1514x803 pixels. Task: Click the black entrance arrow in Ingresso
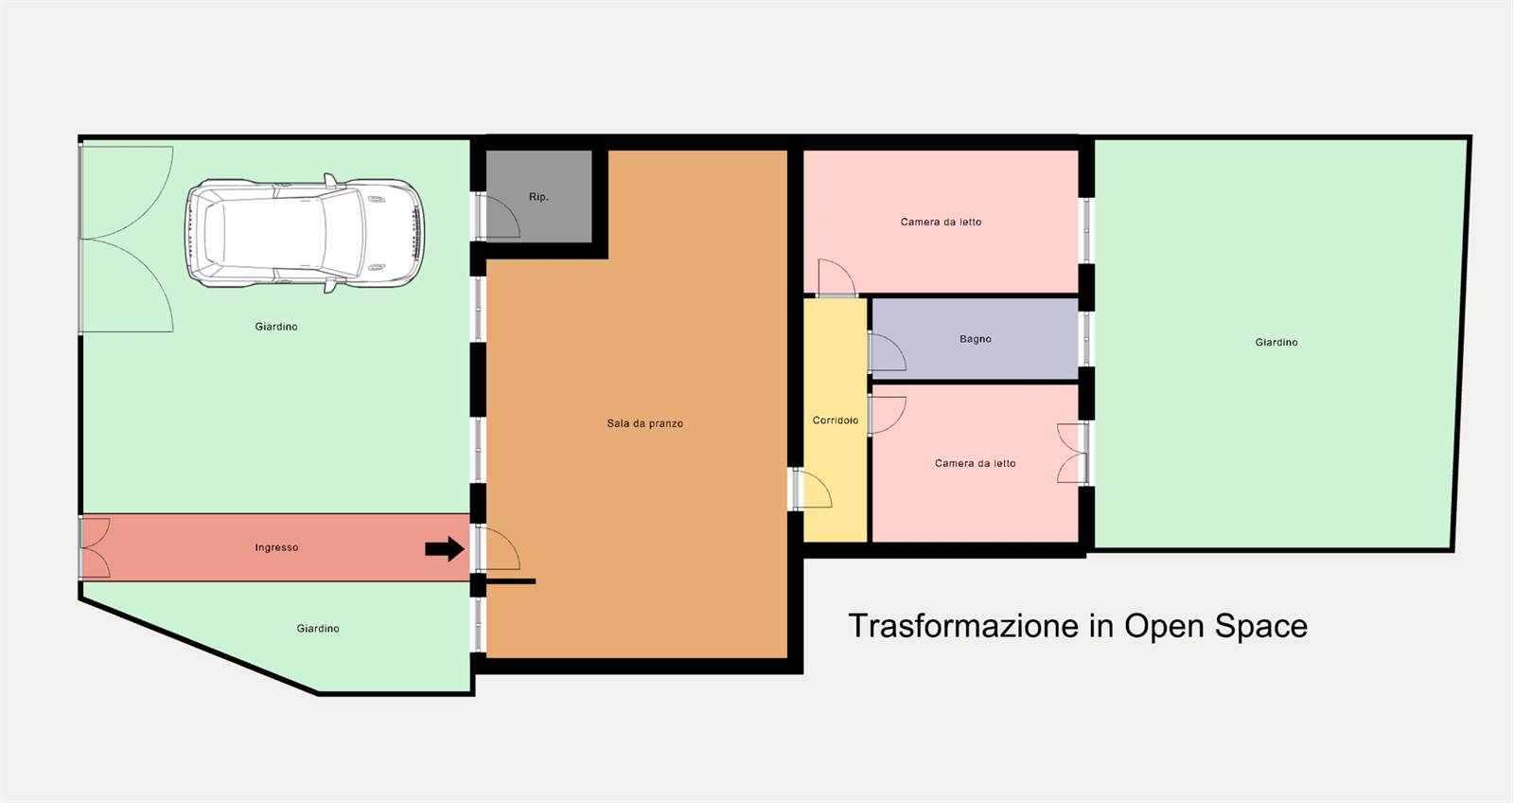click(x=445, y=548)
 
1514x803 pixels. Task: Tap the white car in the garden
click(x=305, y=233)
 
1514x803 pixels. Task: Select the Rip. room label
click(x=538, y=197)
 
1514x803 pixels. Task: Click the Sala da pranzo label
click(x=644, y=423)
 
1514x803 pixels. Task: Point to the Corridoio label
click(x=836, y=420)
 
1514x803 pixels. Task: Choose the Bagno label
click(x=976, y=339)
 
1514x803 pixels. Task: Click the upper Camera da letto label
click(x=941, y=222)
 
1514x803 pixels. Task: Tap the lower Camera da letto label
click(x=976, y=463)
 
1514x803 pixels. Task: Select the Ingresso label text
click(x=276, y=547)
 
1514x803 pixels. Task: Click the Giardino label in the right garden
click(x=1276, y=342)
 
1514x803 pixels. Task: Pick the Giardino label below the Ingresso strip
click(x=318, y=629)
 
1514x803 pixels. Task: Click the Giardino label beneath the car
click(x=275, y=327)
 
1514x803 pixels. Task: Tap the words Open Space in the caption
click(x=1215, y=626)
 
